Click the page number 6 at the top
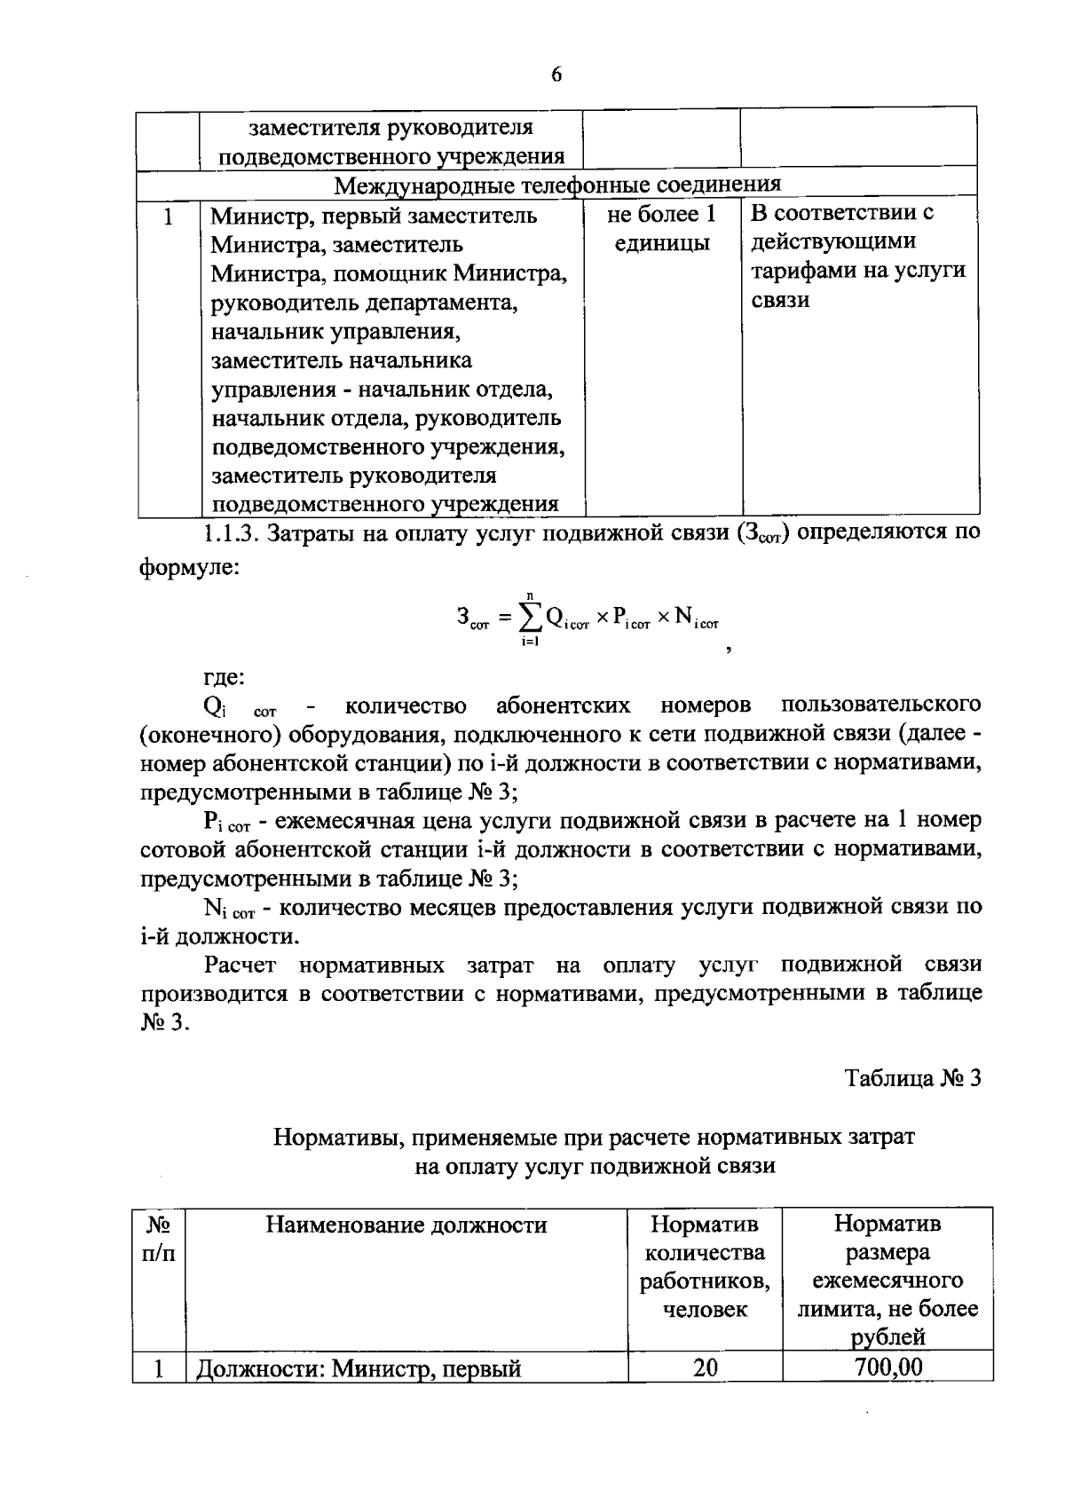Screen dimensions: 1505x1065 pos(556,75)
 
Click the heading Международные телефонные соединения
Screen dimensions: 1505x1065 pos(557,185)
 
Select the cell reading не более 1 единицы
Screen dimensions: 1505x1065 pos(661,228)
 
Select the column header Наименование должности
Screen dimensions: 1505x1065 pos(406,1225)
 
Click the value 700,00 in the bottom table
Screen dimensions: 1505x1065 pos(887,1367)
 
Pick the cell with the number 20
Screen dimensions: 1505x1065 pos(706,1367)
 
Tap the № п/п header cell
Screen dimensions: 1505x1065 pos(159,1239)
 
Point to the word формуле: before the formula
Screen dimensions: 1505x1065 pos(189,566)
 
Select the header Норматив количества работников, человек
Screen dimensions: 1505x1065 pos(705,1266)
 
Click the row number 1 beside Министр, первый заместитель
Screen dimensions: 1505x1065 pos(167,216)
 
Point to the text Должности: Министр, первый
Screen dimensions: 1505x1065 pos(358,1368)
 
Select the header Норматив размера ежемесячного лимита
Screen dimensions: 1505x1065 pos(887,1280)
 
